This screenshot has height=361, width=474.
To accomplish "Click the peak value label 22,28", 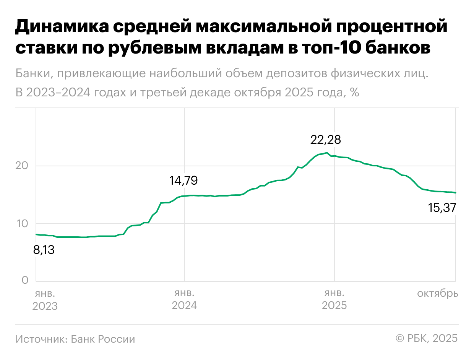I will pos(325,140).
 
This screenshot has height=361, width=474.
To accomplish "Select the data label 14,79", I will pos(183,180).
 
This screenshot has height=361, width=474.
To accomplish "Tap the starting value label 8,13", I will pos(44,250).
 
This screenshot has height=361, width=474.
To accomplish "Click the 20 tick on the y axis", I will pos(22,166).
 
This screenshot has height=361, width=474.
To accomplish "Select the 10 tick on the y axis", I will pos(22,223).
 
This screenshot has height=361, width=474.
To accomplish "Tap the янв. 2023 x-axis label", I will pos(45,300).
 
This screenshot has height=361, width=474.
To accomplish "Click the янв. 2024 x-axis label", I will pos(184,300).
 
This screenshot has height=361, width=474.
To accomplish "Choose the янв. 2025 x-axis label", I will pos(334,300).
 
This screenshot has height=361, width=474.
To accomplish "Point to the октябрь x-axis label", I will pos(437,294).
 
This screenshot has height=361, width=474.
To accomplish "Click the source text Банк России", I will pos(103,339).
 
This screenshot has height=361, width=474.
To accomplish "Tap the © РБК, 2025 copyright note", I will pos(427,339).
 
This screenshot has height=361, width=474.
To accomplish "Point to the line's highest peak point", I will pos(326,153).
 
